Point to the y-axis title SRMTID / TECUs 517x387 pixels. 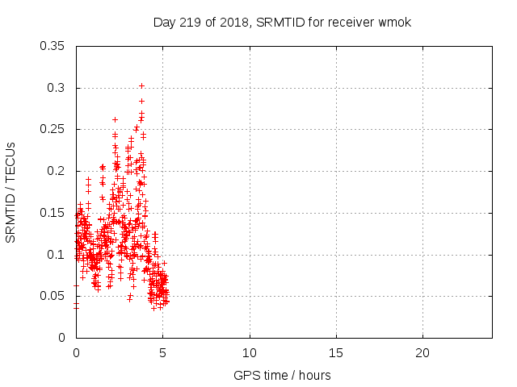pos(11,192)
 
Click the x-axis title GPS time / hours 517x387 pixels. pos(282,375)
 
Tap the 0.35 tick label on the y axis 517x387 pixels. pos(53,46)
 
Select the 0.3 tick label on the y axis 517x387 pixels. pos(56,88)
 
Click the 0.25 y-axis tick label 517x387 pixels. pos(53,129)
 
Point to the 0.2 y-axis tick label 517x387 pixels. pos(56,171)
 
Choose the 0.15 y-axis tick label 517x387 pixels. pos(53,213)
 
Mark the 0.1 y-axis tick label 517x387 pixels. pos(56,255)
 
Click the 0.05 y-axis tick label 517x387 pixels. pos(53,296)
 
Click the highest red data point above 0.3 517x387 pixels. pos(141,85)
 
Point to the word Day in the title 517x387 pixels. pos(164,22)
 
